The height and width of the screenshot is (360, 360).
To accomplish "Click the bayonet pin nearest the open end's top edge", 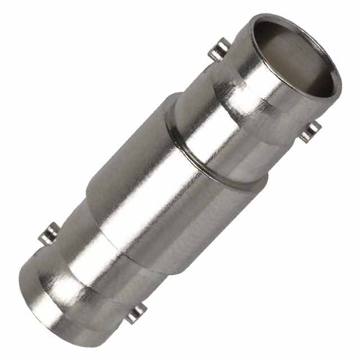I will coord(219,49).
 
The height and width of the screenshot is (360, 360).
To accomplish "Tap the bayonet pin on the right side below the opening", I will coord(310,131).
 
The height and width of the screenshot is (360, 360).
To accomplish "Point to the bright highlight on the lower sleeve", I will coord(84,253).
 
